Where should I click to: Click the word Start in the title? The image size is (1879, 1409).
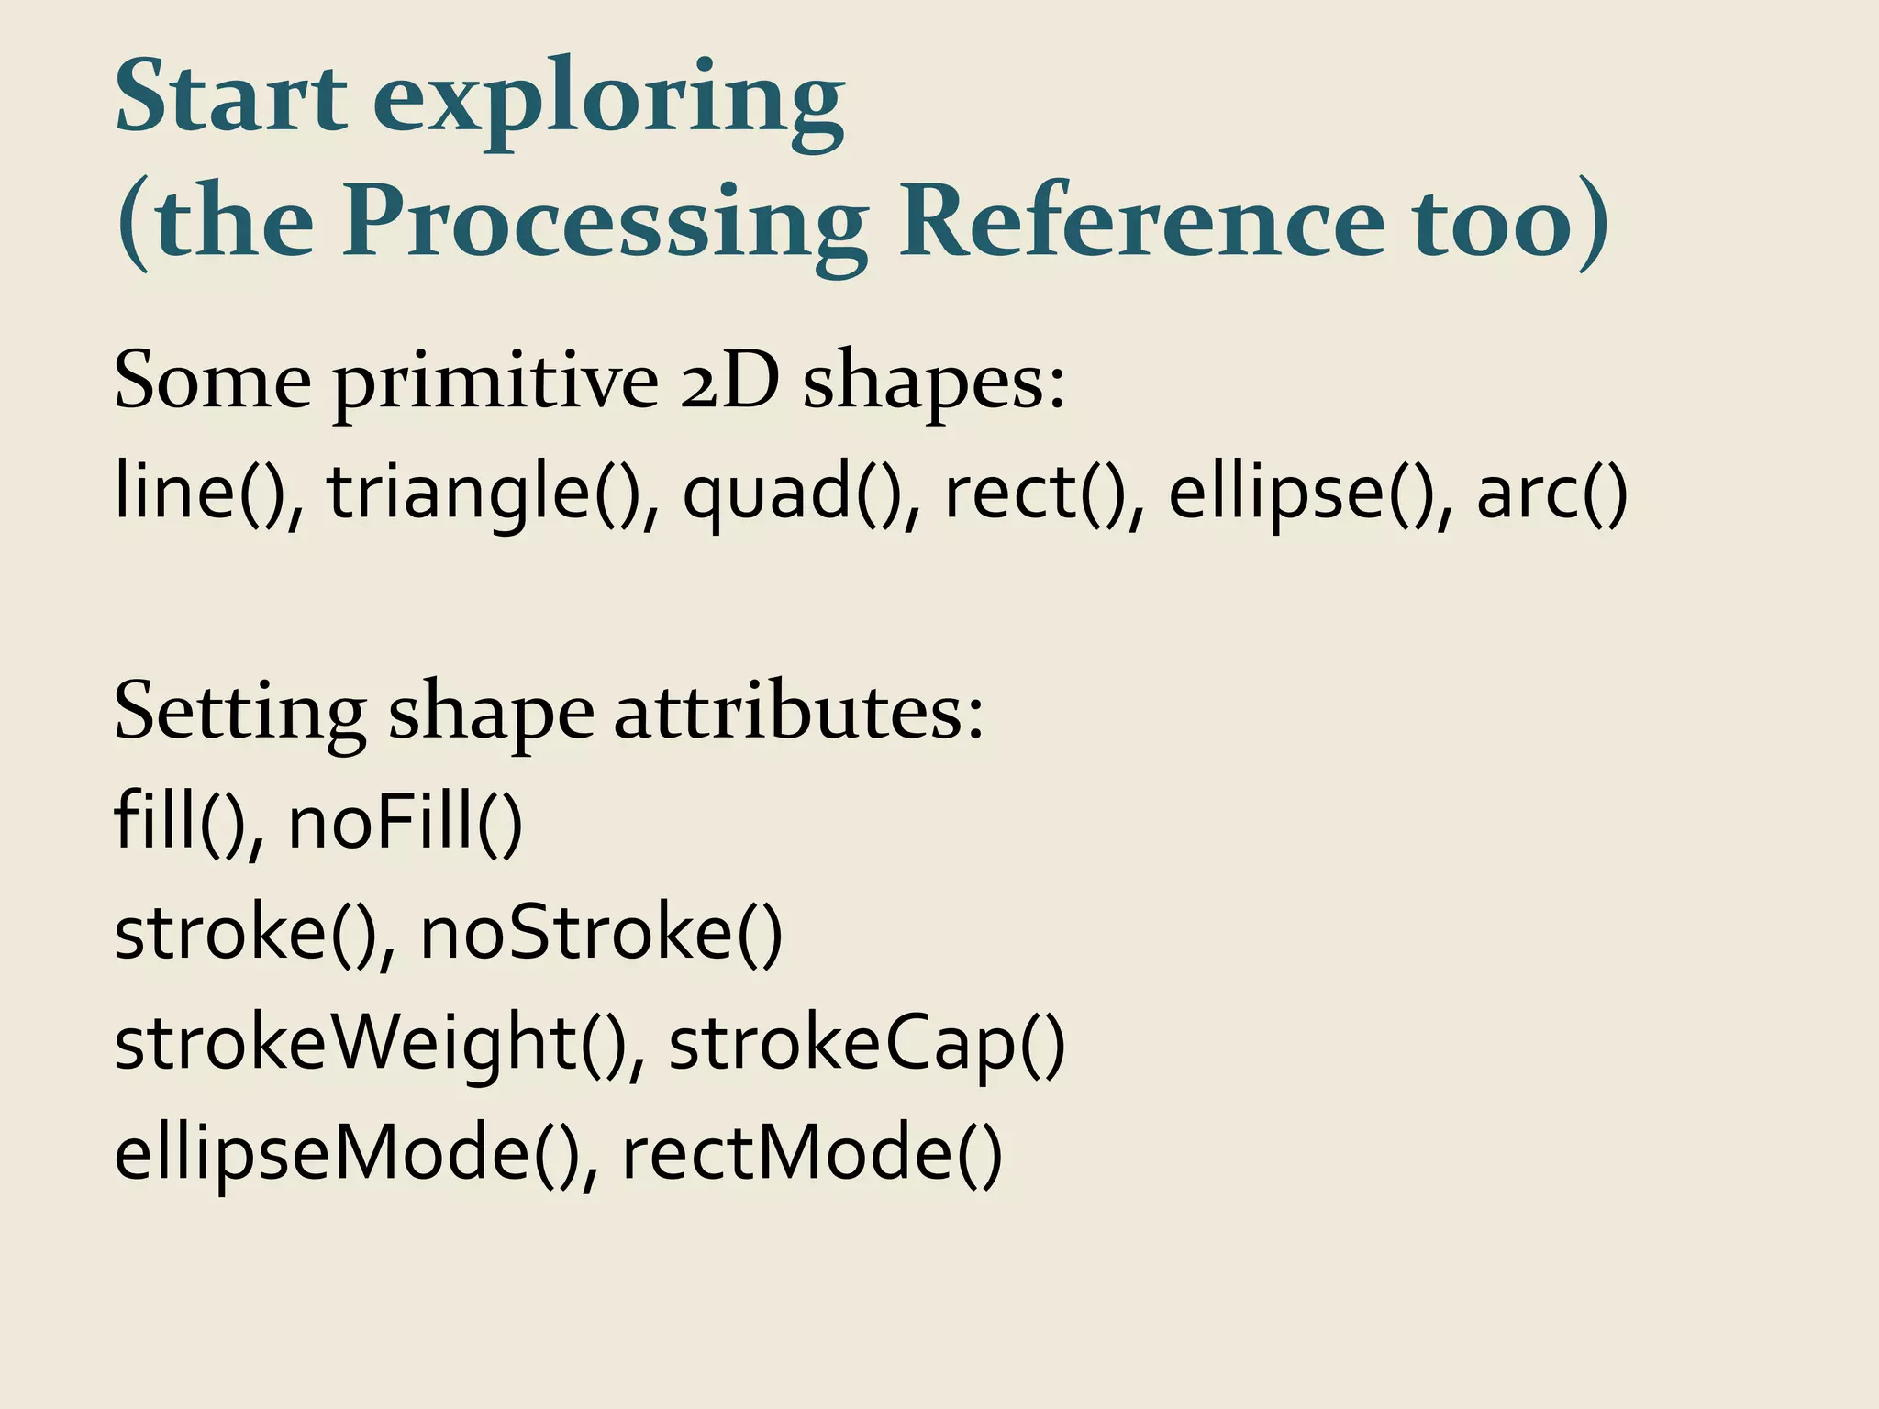point(230,97)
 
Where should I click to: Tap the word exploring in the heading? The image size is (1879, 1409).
point(608,101)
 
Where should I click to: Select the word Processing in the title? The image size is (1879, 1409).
point(606,225)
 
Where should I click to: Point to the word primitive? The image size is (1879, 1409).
point(495,382)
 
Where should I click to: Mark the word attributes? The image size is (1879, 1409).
point(798,713)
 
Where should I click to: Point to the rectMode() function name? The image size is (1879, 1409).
point(812,1153)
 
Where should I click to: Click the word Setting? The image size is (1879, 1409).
point(239,715)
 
